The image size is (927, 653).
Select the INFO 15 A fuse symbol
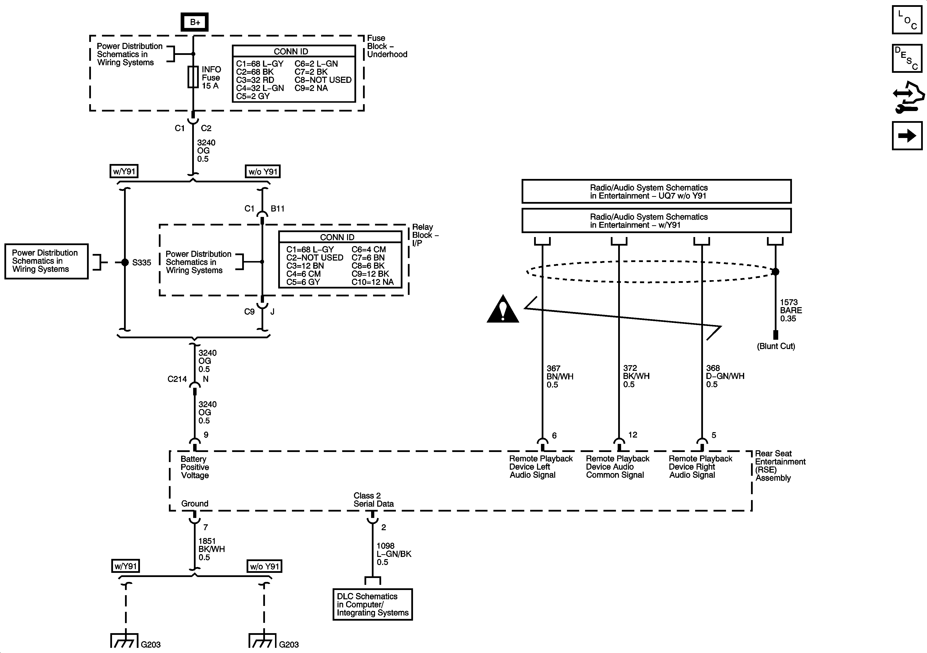coord(193,77)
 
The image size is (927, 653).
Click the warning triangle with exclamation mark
coord(503,309)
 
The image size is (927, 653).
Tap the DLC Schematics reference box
coord(373,604)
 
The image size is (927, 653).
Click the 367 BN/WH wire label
coord(560,376)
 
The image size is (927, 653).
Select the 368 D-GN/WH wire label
coord(725,376)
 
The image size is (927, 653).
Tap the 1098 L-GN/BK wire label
coord(394,554)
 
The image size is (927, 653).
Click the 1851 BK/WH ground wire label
coord(212,549)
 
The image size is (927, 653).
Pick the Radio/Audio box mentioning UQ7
coord(656,191)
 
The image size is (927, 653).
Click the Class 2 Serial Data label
coord(374,500)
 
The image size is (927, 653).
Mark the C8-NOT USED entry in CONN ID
coord(323,80)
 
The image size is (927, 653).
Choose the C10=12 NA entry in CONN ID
coord(372,282)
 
